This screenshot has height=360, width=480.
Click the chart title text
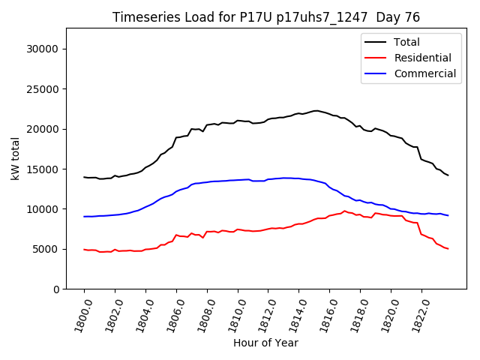click(x=265, y=17)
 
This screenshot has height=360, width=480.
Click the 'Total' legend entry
click(x=407, y=42)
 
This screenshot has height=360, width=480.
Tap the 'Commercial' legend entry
click(x=424, y=73)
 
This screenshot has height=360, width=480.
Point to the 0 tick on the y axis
click(x=55, y=289)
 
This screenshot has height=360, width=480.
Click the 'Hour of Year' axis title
click(x=265, y=343)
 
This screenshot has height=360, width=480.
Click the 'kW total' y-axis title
click(x=15, y=158)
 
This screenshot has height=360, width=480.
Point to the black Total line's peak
click(x=316, y=110)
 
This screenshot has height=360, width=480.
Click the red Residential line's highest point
click(x=345, y=211)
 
